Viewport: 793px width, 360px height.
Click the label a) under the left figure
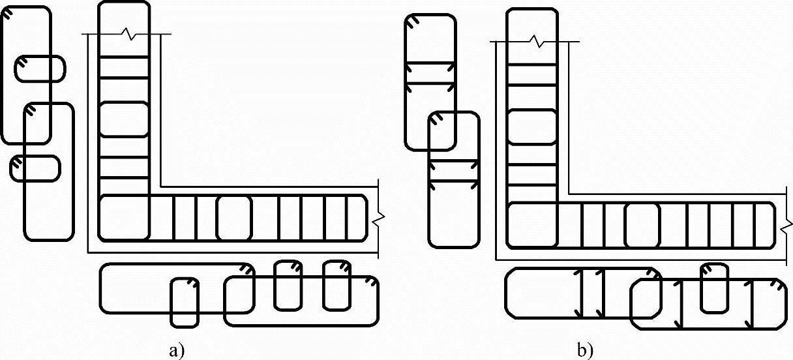177,351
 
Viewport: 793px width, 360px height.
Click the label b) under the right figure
585,351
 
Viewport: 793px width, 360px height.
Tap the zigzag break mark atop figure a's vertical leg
127,34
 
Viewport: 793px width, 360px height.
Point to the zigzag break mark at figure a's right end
378,220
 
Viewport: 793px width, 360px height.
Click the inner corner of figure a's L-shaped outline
160,187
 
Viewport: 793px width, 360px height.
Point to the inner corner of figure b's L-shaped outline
569,194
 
